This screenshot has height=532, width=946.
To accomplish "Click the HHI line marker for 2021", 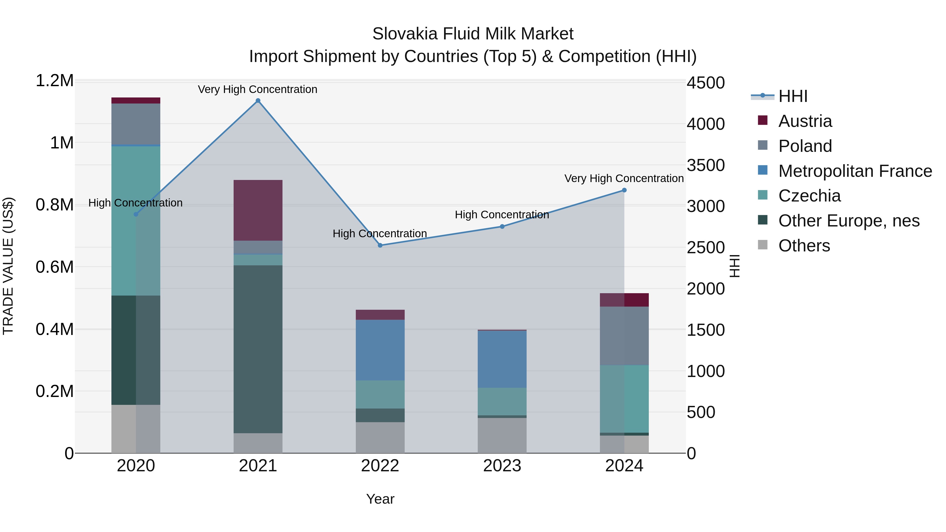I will tap(258, 101).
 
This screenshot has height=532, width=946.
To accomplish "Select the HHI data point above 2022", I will tap(380, 245).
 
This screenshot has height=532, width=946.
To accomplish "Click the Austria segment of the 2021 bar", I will tap(258, 210).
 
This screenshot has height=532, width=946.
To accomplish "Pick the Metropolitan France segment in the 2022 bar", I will tap(380, 350).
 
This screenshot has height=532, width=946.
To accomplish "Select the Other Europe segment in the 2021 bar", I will tap(258, 349).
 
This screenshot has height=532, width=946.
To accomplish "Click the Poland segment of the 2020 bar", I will tap(136, 124).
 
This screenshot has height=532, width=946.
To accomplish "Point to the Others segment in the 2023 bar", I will tap(502, 435).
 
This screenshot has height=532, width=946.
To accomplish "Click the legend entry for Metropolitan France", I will tap(855, 171).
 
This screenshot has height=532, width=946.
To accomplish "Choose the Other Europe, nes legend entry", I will tap(849, 221).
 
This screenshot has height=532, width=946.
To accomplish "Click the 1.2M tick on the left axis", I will tap(55, 81).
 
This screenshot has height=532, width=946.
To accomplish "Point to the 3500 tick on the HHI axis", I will tap(706, 165).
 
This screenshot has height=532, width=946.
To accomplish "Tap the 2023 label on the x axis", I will tap(502, 466).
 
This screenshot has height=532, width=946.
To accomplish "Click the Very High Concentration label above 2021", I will tap(258, 89).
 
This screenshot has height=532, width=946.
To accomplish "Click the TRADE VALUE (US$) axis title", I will tap(8, 266).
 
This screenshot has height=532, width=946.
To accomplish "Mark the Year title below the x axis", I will tap(380, 499).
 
